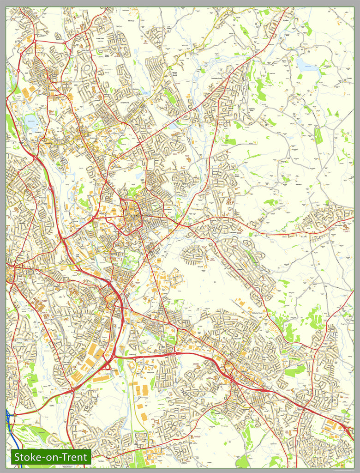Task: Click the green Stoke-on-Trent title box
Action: [x=51, y=457]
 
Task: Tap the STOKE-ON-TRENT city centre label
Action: [x=141, y=216]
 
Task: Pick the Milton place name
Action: [x=231, y=108]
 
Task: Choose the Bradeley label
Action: [x=124, y=85]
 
